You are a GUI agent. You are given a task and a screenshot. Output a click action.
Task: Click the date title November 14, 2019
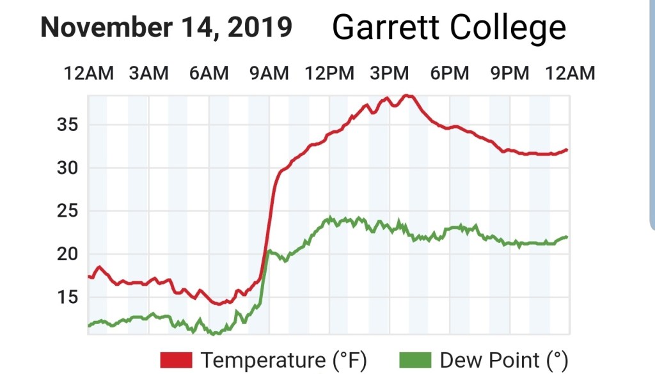[x=166, y=27]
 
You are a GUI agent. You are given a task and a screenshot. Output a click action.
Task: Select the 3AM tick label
[x=148, y=74]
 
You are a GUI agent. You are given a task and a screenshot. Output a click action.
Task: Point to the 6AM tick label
[x=209, y=74]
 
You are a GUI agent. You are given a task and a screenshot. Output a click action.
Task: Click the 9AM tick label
[x=269, y=74]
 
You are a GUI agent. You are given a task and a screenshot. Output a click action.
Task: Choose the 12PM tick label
[x=329, y=74]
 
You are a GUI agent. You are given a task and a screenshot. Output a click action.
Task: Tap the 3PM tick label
[x=389, y=74]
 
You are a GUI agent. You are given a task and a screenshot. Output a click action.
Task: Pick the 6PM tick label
[x=449, y=74]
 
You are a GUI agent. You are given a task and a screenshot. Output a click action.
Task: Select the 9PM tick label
[x=509, y=74]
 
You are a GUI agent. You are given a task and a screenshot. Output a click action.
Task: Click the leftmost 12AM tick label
[x=89, y=74]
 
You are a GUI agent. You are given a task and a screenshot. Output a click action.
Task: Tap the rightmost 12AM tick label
[x=569, y=74]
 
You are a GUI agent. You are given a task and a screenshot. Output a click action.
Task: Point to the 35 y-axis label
[x=66, y=125]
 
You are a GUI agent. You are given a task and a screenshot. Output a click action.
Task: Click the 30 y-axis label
[x=66, y=168]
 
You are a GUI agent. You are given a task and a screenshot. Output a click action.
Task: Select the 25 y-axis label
[x=66, y=211]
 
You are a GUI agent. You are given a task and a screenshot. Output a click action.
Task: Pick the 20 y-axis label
[x=66, y=254]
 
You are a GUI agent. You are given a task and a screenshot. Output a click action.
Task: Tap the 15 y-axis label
[x=66, y=297]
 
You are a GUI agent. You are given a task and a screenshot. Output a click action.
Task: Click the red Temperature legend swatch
[x=176, y=360]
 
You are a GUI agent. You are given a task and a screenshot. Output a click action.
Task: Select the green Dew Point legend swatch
[x=415, y=360]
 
